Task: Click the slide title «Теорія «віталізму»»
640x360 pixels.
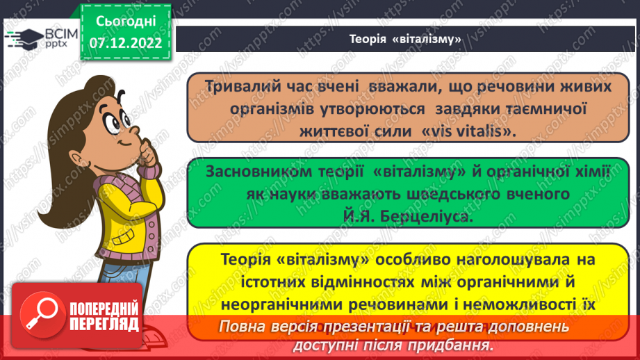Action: (x=406, y=39)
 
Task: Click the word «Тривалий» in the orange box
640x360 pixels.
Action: (x=242, y=86)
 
